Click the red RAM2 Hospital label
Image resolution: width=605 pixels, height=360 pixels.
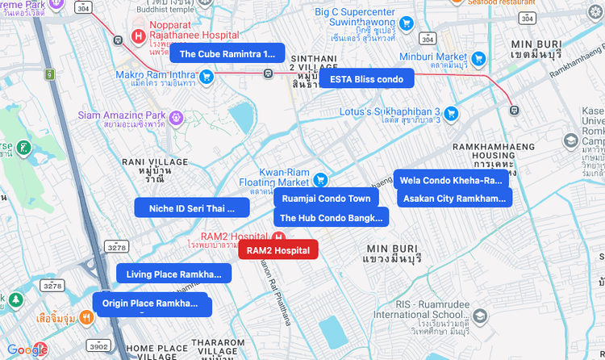click(278, 250)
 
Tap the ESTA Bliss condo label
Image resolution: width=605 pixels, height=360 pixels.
click(367, 79)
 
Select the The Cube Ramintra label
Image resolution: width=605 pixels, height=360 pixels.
click(227, 54)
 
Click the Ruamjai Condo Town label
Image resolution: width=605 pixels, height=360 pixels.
click(326, 199)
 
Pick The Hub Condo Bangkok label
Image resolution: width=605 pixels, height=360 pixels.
click(332, 218)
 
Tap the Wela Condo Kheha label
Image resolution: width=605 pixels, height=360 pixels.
click(451, 180)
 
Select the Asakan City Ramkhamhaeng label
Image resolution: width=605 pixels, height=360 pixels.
click(454, 199)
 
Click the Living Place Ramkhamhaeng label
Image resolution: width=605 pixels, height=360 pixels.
click(173, 274)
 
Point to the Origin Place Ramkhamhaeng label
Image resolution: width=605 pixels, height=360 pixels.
click(150, 303)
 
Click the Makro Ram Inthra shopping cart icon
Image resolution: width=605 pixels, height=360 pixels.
click(207, 77)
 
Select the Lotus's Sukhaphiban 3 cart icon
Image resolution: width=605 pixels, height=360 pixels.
click(451, 113)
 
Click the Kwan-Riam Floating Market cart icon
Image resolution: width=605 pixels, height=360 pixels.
click(320, 179)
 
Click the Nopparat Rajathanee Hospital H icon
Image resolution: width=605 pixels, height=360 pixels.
click(138, 36)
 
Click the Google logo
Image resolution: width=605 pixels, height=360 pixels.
click(27, 350)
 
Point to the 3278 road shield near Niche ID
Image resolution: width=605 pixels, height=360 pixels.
click(117, 247)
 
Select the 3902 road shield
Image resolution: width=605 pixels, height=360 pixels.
click(98, 345)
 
